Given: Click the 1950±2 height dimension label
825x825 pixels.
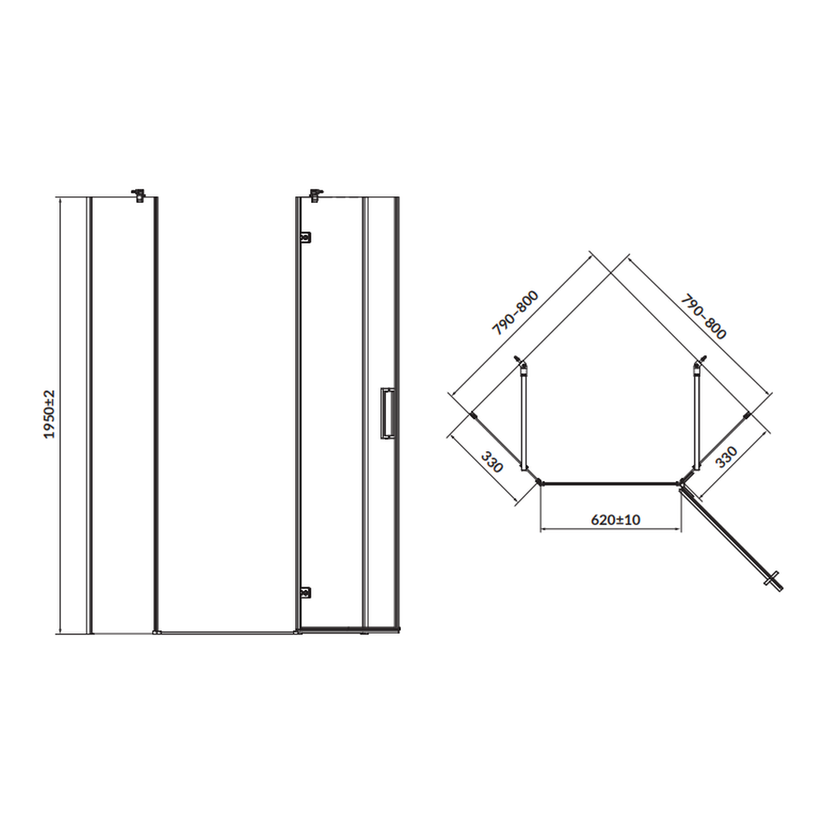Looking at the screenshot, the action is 49,415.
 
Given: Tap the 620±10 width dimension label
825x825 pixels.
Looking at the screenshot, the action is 615,520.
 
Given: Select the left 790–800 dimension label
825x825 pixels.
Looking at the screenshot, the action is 515,313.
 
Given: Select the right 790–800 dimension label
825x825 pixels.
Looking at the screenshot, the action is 704,317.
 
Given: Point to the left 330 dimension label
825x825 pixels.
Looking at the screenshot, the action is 492,461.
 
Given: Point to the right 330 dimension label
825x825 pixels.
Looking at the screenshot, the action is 727,457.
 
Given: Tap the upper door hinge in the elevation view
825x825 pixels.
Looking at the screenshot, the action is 304,238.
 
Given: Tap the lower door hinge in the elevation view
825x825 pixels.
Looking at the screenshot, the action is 304,593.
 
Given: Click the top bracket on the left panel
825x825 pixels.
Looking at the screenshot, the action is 139,196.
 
